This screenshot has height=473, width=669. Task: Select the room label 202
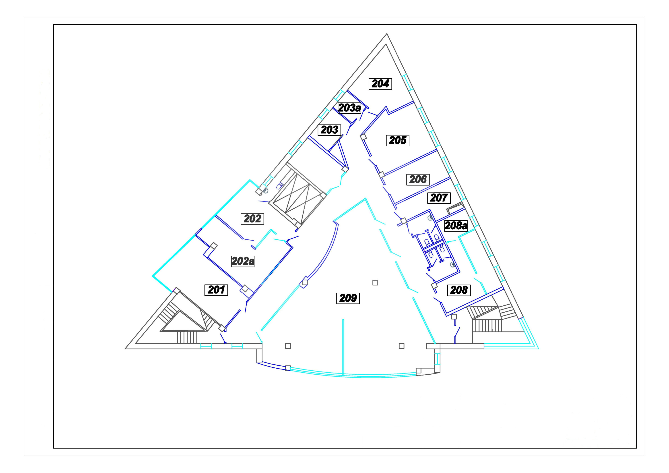(x=252, y=219)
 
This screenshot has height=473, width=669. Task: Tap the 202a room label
(x=243, y=261)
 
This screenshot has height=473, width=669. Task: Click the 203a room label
(x=349, y=108)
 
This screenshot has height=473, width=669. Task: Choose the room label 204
(x=380, y=84)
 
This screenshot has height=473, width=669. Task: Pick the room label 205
(x=397, y=141)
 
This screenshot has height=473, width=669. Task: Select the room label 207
(x=439, y=198)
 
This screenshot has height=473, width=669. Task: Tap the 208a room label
(x=456, y=226)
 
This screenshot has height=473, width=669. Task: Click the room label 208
(x=459, y=290)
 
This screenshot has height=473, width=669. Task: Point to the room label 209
(x=348, y=298)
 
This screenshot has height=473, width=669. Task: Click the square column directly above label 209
(x=375, y=283)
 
